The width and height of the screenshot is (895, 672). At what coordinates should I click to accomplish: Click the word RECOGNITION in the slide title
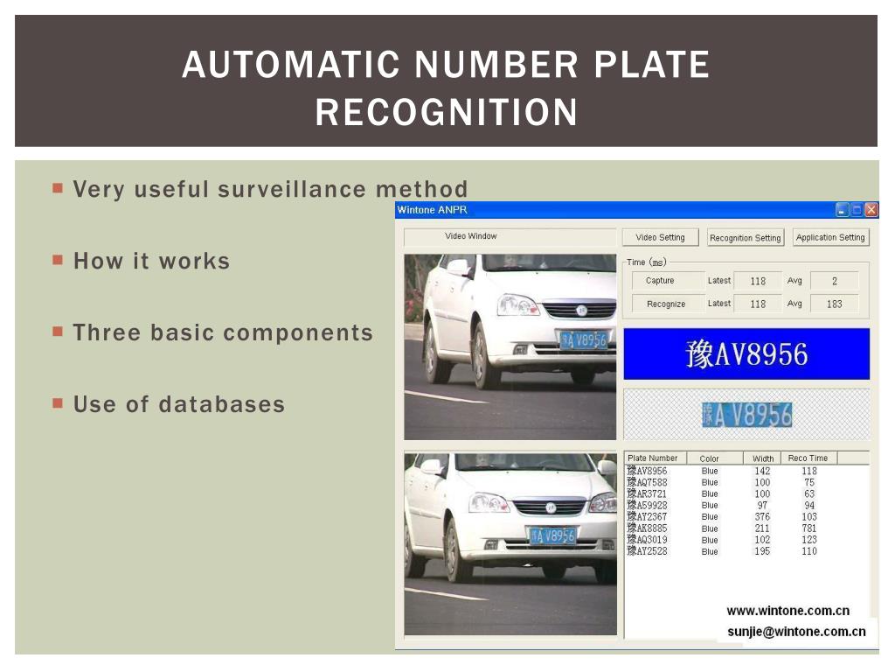[x=447, y=112]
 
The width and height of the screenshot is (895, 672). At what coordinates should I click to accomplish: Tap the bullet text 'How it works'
[x=151, y=261]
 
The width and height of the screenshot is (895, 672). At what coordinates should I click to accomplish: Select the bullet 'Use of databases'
[x=179, y=404]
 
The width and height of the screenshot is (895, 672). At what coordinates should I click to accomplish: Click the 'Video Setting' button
[x=660, y=237]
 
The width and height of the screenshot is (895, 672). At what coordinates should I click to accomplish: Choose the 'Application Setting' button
[x=830, y=237]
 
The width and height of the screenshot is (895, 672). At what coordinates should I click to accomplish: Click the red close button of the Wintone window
[x=871, y=210]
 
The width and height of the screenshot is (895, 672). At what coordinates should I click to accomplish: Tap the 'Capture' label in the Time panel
[x=660, y=281]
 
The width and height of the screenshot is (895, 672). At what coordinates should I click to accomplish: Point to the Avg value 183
[x=834, y=304]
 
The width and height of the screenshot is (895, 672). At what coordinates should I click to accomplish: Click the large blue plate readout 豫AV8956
[x=746, y=354]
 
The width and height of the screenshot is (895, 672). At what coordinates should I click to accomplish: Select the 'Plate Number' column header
[x=652, y=458]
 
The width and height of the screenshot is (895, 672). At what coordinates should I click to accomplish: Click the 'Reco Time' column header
[x=808, y=458]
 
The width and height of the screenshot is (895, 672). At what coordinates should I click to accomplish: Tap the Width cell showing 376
[x=762, y=517]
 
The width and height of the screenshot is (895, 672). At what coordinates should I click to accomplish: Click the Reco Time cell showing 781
[x=809, y=528]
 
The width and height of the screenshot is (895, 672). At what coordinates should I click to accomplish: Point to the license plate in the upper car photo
[x=583, y=339]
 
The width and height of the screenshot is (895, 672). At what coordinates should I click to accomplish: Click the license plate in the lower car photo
[x=552, y=535]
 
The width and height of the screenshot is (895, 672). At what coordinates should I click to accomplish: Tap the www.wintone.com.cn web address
[x=787, y=611]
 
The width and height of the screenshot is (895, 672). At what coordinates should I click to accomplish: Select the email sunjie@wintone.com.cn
[x=796, y=631]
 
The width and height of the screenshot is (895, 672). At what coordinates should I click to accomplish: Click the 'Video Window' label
[x=470, y=236]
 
